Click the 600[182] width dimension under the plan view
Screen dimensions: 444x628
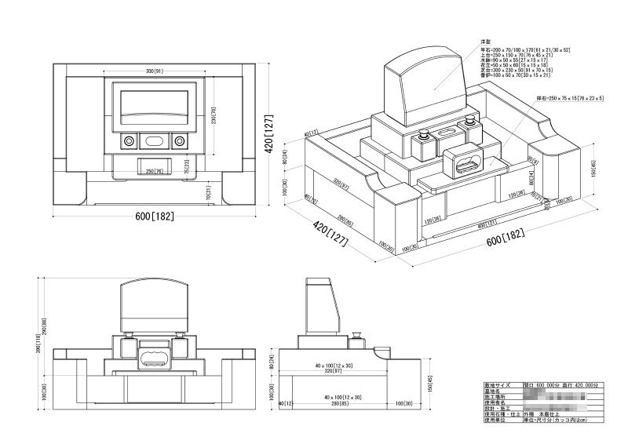[x=153, y=215]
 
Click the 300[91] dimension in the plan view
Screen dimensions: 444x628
[x=154, y=71]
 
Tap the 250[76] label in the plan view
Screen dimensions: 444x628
[x=154, y=171]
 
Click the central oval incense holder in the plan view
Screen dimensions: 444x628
[x=154, y=141]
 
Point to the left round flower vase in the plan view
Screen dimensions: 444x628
[x=128, y=141]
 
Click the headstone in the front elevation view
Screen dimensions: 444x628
[x=154, y=306]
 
